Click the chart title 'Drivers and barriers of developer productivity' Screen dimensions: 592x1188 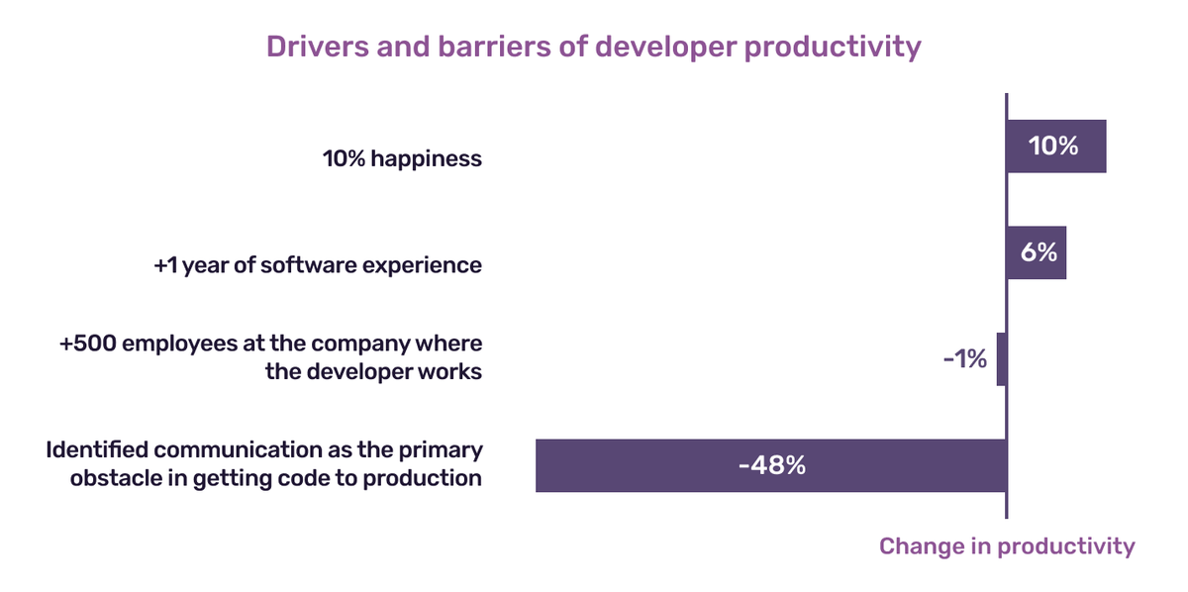click(x=593, y=47)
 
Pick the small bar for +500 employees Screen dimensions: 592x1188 click(x=1002, y=359)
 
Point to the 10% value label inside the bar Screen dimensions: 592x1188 click(x=1053, y=147)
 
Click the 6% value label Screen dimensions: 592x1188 click(x=1037, y=252)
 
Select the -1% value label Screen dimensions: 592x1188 click(x=964, y=359)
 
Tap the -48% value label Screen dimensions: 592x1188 click(x=771, y=465)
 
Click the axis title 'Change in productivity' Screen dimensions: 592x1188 click(x=1007, y=546)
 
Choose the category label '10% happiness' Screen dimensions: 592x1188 click(x=402, y=158)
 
